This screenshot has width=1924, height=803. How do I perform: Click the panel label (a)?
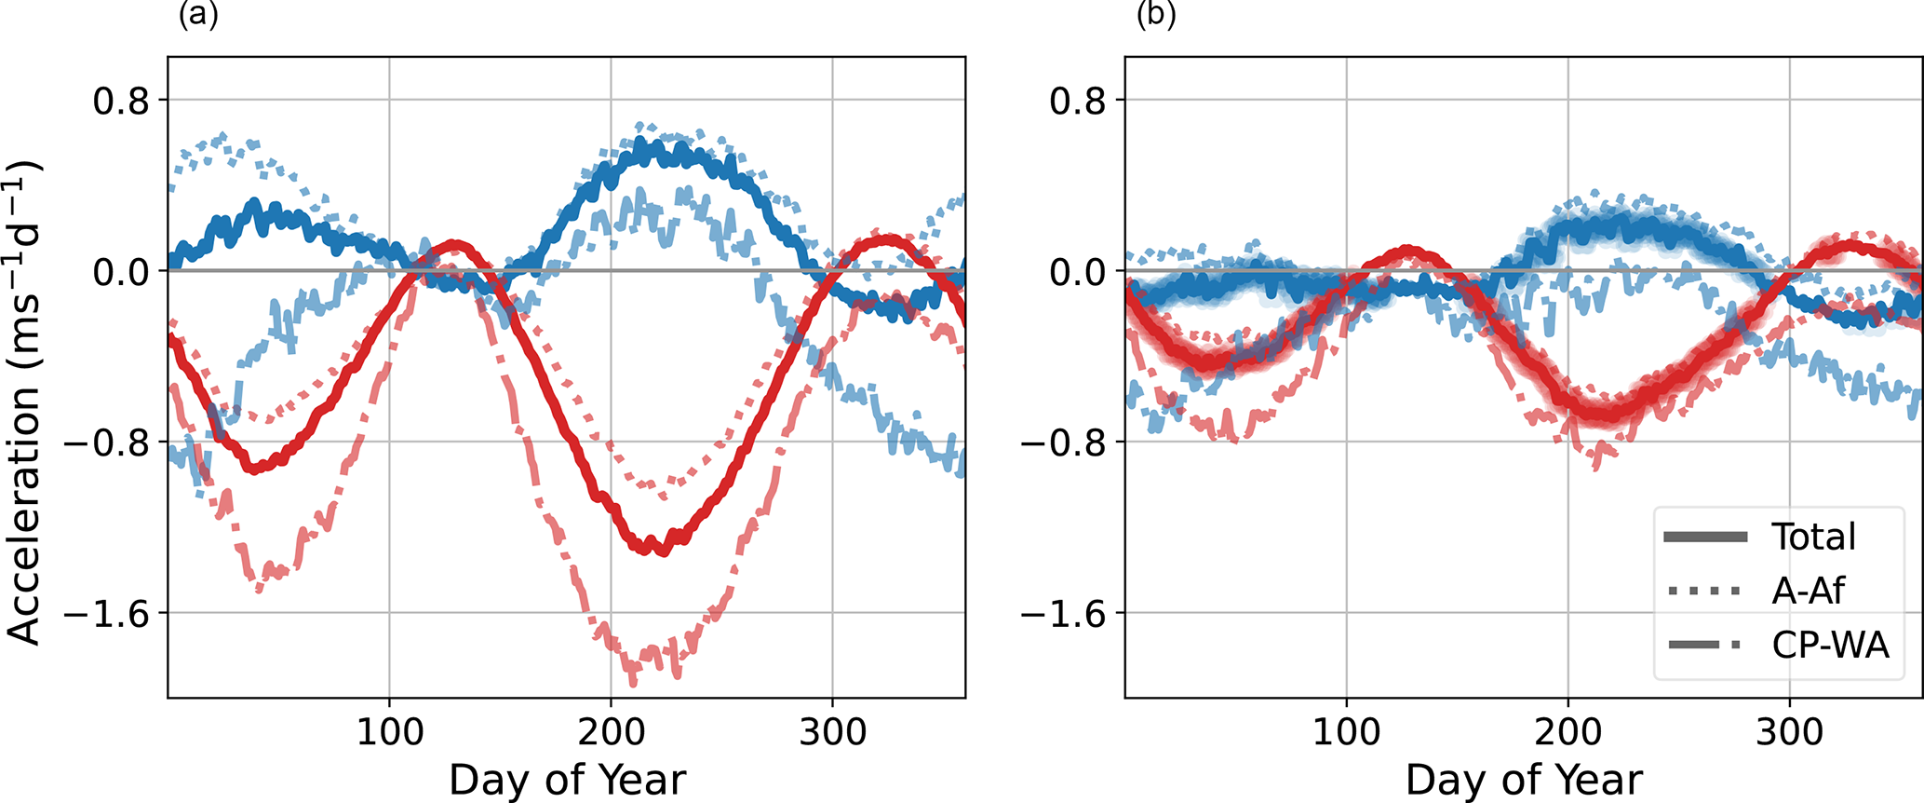click(x=198, y=16)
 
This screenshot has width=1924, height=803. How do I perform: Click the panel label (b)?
click(x=1156, y=16)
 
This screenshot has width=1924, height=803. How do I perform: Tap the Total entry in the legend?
click(x=1813, y=537)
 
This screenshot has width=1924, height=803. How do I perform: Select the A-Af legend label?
click(x=1808, y=591)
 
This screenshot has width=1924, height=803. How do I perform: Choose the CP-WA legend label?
click(x=1830, y=645)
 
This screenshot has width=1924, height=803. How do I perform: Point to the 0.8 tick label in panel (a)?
click(x=121, y=101)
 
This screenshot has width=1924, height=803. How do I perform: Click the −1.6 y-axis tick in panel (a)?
click(x=108, y=614)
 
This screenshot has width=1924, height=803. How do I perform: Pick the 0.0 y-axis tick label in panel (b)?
click(x=1078, y=272)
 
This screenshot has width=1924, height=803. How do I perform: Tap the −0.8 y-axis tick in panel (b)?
click(x=1065, y=442)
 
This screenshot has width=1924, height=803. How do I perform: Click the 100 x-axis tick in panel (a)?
click(x=390, y=732)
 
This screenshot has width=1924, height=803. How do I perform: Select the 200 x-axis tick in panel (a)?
click(x=611, y=732)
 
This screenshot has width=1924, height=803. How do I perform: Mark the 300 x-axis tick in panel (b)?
click(x=1789, y=732)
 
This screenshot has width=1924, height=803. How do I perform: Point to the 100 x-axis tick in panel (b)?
click(x=1346, y=732)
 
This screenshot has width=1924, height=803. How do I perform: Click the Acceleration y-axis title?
click(x=25, y=402)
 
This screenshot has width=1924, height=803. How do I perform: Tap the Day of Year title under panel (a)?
click(x=567, y=780)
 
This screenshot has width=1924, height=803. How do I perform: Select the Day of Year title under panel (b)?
click(x=1524, y=780)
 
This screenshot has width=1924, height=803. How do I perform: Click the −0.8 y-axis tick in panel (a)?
click(x=108, y=442)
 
